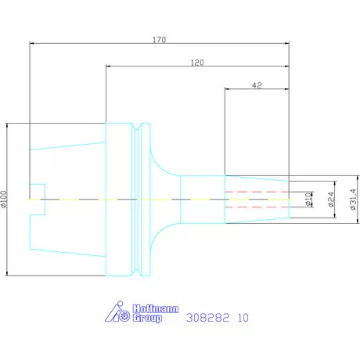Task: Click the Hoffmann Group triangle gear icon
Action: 117,312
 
